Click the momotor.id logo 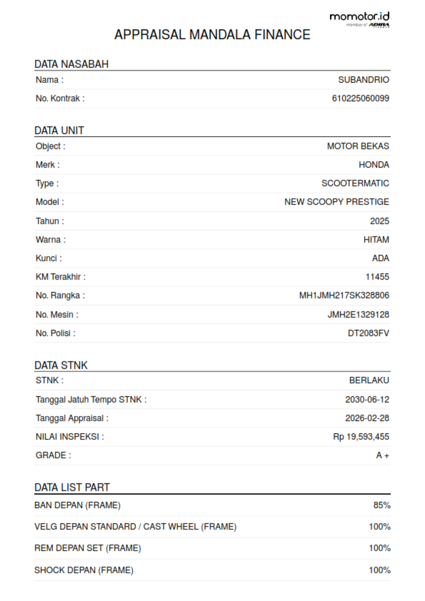(359, 19)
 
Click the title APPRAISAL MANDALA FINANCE (212, 35)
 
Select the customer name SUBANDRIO (363, 80)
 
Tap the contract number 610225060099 (360, 98)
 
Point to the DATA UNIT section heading (59, 131)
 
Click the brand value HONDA (374, 165)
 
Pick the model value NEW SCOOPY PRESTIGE (336, 202)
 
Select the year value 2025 (379, 221)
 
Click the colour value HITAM (376, 240)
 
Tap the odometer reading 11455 (377, 277)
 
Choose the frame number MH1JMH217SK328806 (344, 295)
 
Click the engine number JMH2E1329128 (358, 314)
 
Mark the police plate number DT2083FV (368, 333)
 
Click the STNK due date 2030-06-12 (367, 400)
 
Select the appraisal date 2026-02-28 (367, 418)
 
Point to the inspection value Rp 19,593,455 (361, 437)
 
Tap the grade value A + (382, 456)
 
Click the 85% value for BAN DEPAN (382, 505)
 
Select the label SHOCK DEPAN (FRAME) (84, 570)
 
